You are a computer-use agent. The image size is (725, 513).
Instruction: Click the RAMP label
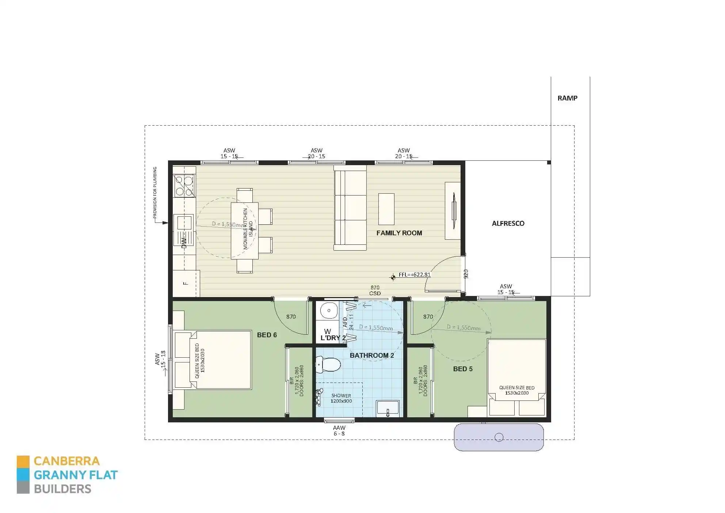coord(567,98)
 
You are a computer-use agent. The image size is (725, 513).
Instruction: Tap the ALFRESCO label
coord(508,223)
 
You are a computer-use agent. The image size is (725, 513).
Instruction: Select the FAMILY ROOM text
coord(399,233)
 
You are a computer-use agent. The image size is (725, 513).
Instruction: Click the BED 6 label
coord(267,335)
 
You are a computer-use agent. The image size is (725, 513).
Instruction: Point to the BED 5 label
coord(463,369)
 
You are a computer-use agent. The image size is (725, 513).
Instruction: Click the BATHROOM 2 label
coord(372,355)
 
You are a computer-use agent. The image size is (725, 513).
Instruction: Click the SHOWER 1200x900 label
coord(341,398)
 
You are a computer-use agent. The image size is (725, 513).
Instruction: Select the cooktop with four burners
coord(184,186)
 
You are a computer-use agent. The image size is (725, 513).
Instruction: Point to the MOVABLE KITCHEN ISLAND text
coord(248,229)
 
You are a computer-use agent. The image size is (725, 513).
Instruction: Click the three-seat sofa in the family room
coord(350,208)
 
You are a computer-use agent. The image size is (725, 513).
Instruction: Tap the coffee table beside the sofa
coord(386,209)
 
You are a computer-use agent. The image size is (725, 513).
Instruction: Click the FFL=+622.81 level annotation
coord(415,275)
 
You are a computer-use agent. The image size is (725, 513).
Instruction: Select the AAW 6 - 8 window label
coord(339,430)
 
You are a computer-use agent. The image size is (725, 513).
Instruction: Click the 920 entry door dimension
coord(466,274)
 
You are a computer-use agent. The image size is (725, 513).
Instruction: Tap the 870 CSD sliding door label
coord(375,290)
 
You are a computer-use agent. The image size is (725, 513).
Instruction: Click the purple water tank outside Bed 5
coord(499,437)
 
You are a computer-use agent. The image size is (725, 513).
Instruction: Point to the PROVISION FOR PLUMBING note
coord(155,193)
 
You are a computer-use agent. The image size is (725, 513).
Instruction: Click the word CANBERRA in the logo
coord(66,461)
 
